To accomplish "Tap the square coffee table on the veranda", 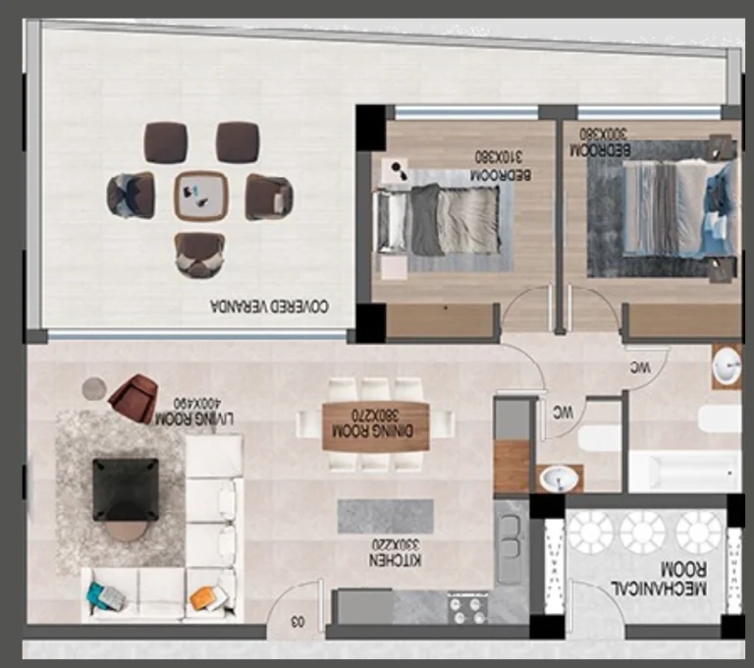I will pyautogui.click(x=199, y=196).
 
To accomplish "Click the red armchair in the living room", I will pyautogui.click(x=133, y=398).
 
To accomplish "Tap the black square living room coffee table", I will pyautogui.click(x=125, y=488).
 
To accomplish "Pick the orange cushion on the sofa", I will pyautogui.click(x=203, y=596).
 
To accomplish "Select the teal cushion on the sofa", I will pyautogui.click(x=103, y=595).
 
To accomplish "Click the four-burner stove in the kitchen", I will pyautogui.click(x=467, y=607).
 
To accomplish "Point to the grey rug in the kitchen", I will pyautogui.click(x=385, y=516).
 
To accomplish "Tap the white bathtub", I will pyautogui.click(x=683, y=472).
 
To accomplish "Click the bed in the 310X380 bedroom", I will pyautogui.click(x=440, y=219).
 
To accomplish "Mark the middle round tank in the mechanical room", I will pyautogui.click(x=643, y=531).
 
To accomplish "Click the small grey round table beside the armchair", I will pyautogui.click(x=93, y=389).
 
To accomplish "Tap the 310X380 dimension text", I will pyautogui.click(x=497, y=156).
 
